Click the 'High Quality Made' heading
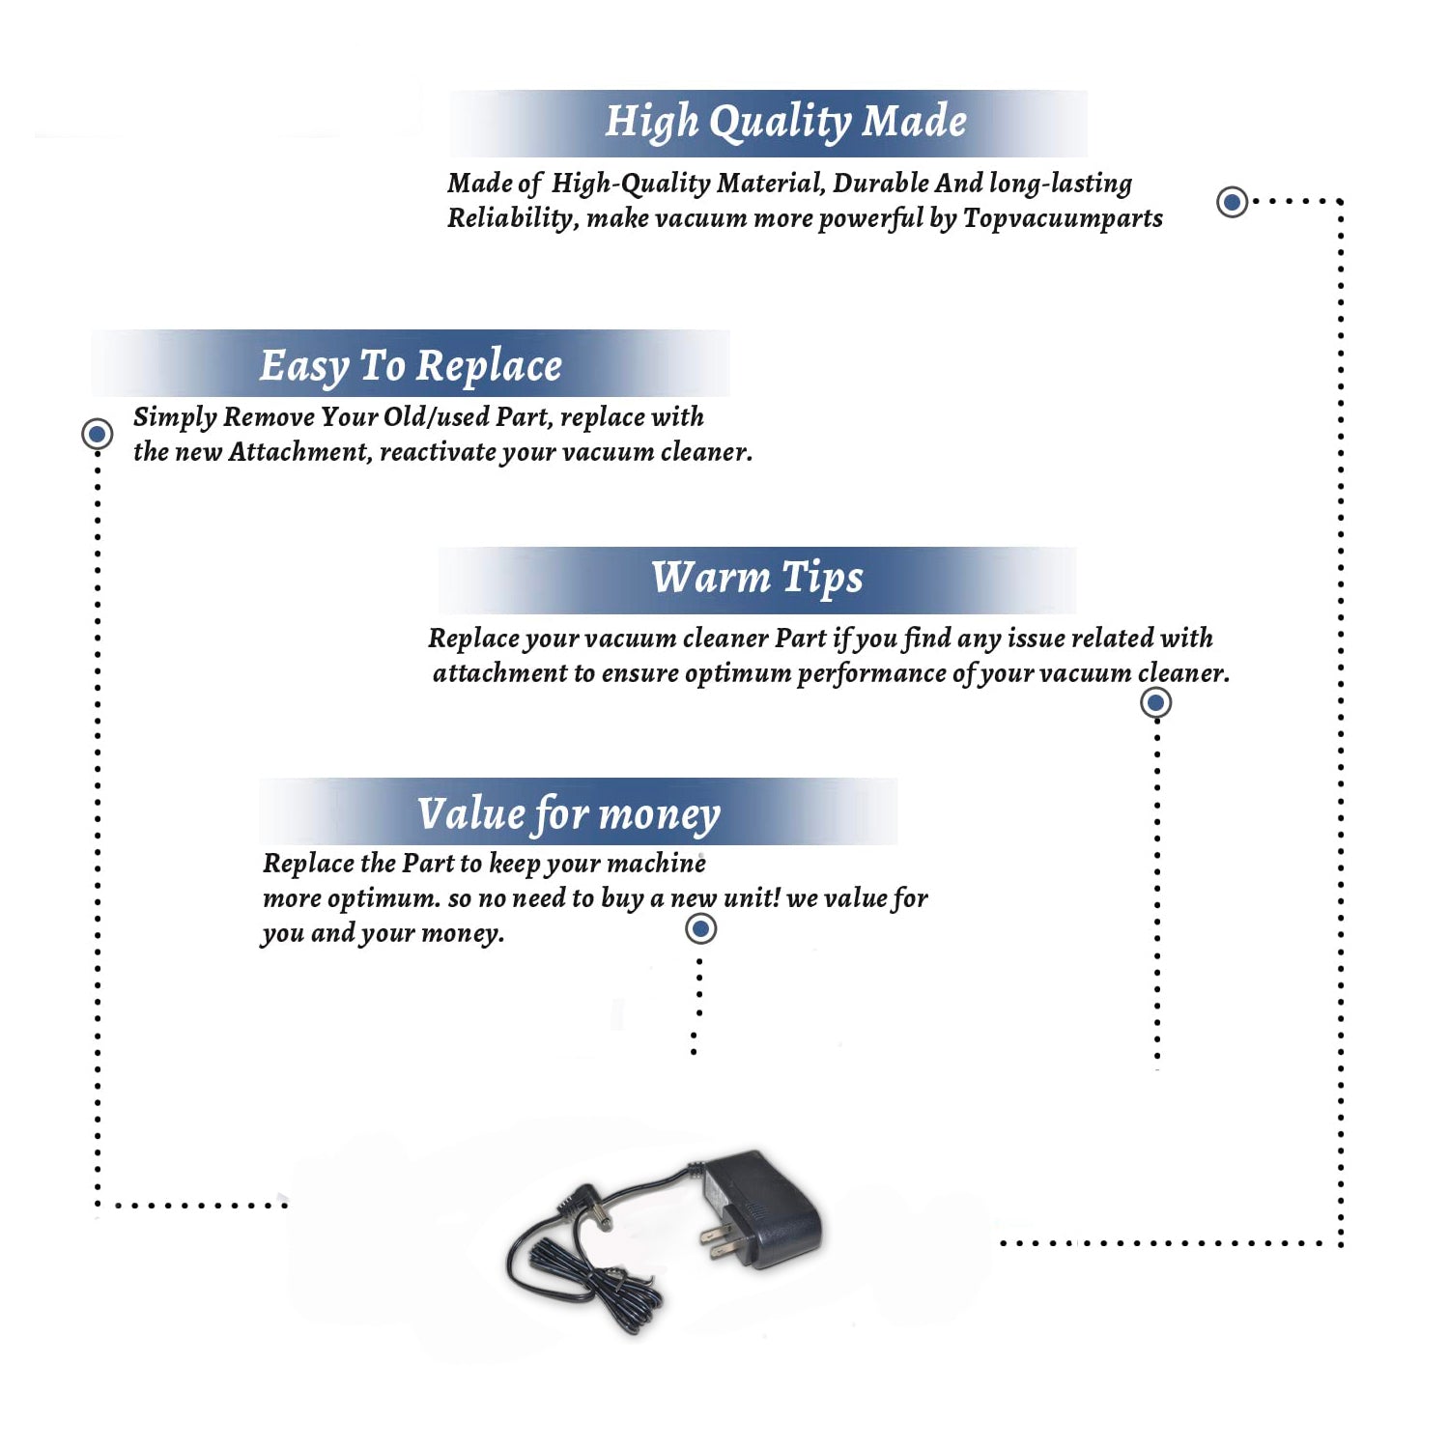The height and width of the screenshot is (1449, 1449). coord(785,123)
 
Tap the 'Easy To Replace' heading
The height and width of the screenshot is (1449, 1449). coord(411,366)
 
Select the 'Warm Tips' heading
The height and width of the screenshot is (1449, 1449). coord(756,578)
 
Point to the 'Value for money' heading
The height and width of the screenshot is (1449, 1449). coord(569,814)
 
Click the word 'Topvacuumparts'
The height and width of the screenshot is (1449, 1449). coord(1063,218)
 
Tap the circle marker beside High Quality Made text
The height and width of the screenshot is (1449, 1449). coord(1232,202)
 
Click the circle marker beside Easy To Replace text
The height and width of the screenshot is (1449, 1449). coord(97,434)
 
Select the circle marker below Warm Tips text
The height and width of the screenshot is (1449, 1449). coord(1155,702)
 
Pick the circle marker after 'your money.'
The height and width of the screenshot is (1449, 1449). coord(700,928)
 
